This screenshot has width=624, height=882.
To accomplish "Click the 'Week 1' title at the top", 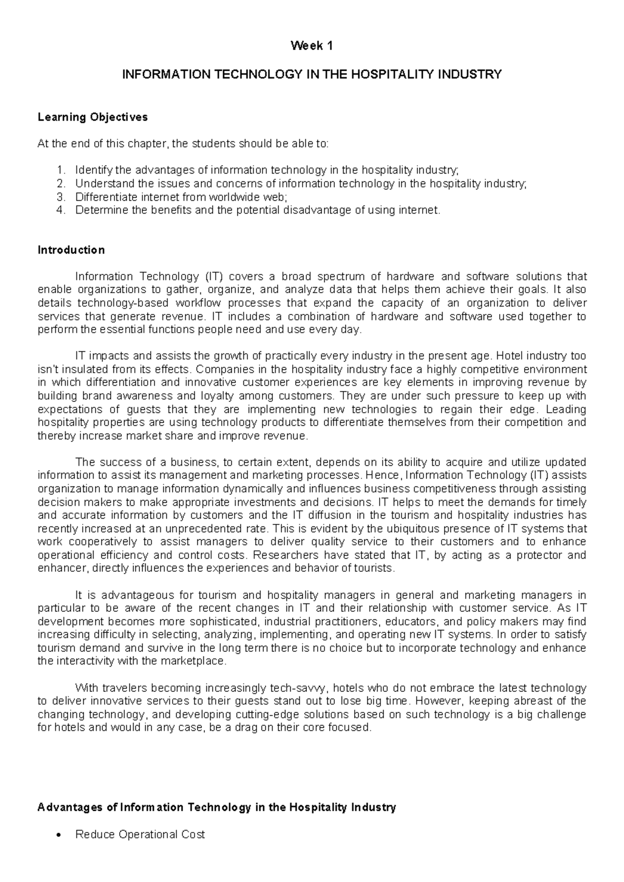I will pos(311,46).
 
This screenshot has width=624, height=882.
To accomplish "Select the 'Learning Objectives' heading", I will pos(93,117).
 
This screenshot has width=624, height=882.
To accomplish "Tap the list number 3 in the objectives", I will pos(61,197).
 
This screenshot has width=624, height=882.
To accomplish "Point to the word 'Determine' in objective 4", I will pos(97,210).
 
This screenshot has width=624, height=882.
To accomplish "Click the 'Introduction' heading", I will pos(71,250).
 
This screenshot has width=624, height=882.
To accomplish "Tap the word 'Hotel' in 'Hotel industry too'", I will pos(510,356).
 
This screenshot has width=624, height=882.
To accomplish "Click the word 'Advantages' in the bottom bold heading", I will pos(71,807).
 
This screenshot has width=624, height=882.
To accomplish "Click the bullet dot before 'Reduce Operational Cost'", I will pos(61,835).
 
